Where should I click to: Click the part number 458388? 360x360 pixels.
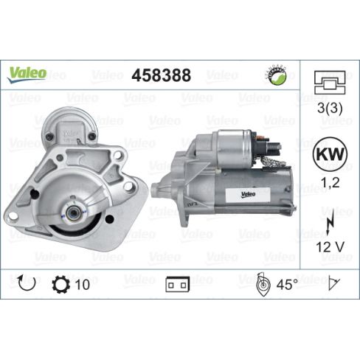point(161,75)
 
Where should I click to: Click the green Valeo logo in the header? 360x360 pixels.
point(27,75)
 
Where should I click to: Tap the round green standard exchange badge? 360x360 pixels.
point(277,75)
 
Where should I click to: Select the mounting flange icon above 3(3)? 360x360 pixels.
point(330,83)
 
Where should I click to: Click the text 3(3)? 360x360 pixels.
point(330,108)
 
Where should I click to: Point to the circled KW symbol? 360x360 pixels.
point(330,154)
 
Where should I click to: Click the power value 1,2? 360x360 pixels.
point(330,182)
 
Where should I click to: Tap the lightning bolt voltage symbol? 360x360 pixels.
point(329,221)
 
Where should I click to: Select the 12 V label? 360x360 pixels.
point(330,247)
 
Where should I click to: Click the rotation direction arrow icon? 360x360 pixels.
point(27,283)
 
